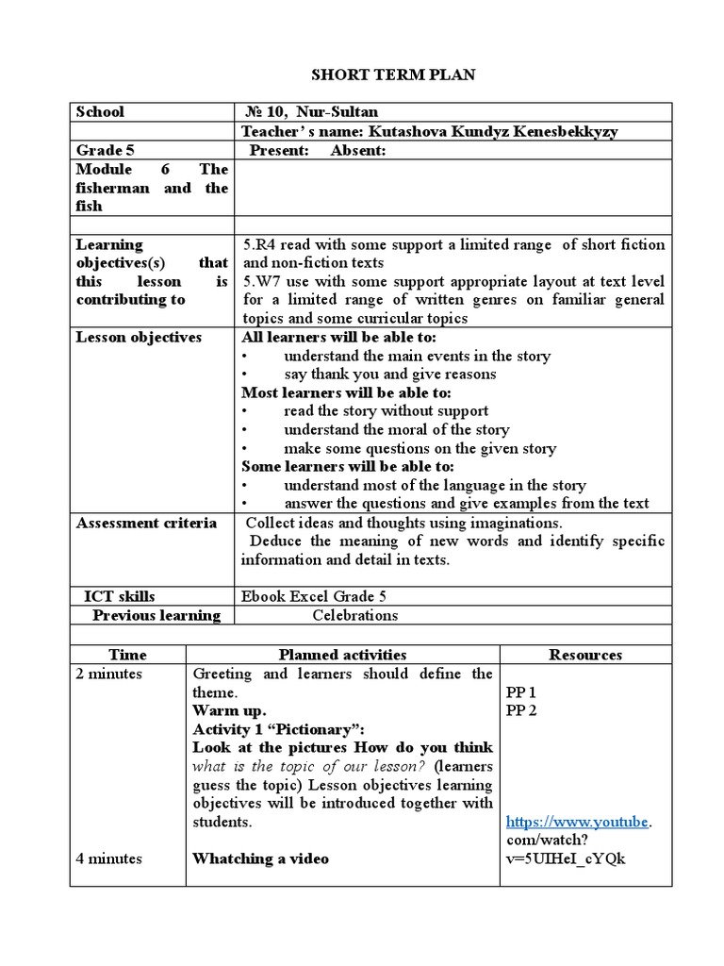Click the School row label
pyautogui.click(x=100, y=111)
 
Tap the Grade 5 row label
pyautogui.click(x=99, y=151)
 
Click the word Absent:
pyautogui.click(x=358, y=151)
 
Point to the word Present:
pyautogui.click(x=279, y=151)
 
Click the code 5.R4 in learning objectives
pyautogui.click(x=256, y=244)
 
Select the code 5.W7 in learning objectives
pyautogui.click(x=258, y=281)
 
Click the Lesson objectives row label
pyautogui.click(x=139, y=337)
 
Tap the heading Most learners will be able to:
pyautogui.click(x=346, y=392)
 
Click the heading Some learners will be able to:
pyautogui.click(x=348, y=466)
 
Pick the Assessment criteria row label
pyautogui.click(x=146, y=523)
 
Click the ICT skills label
pyautogui.click(x=120, y=596)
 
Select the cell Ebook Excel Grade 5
pyautogui.click(x=313, y=596)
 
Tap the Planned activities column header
pyautogui.click(x=342, y=654)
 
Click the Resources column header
pyautogui.click(x=584, y=654)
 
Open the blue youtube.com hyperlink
pyautogui.click(x=578, y=822)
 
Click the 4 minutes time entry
pyautogui.click(x=109, y=858)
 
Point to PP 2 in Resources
pyautogui.click(x=521, y=710)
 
